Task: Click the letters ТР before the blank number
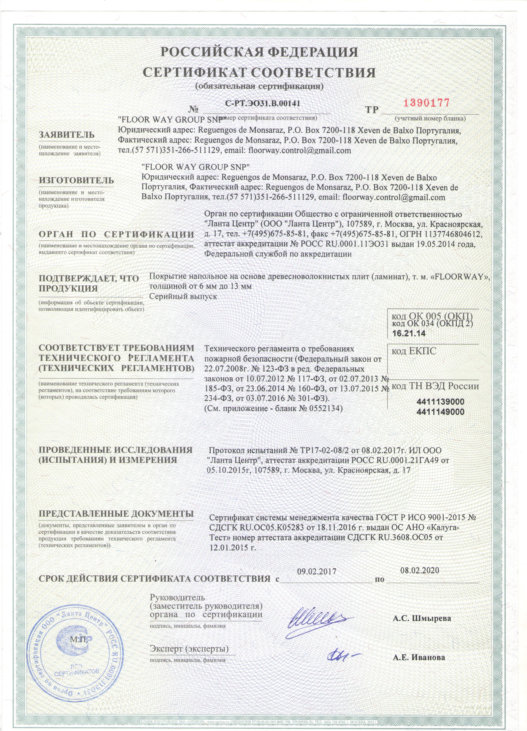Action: pyautogui.click(x=372, y=110)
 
